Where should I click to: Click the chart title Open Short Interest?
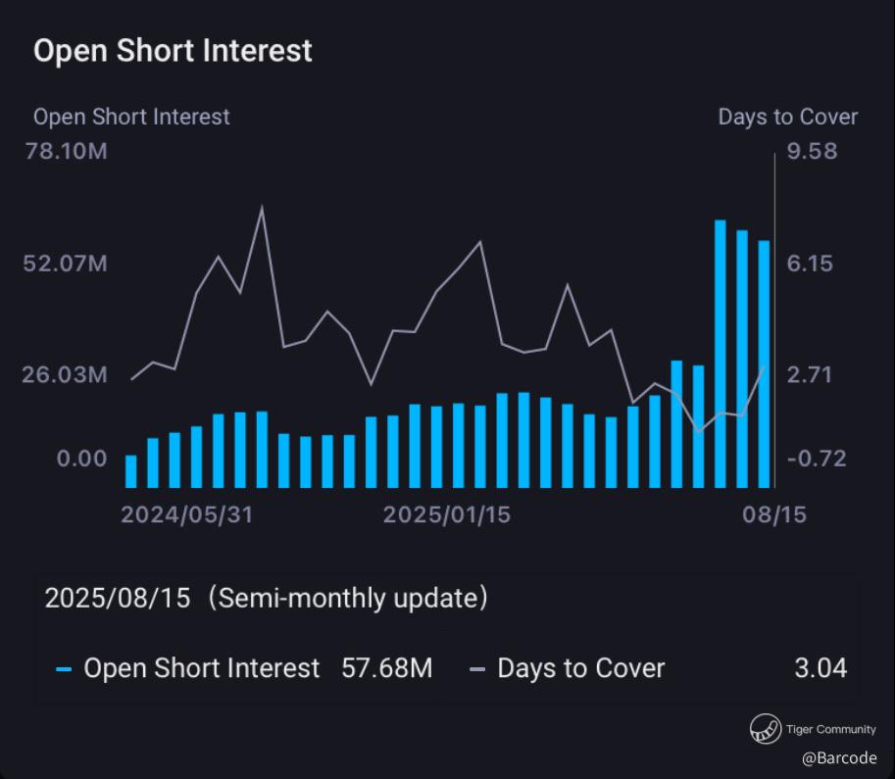[x=173, y=51]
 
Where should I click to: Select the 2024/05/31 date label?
[x=186, y=514]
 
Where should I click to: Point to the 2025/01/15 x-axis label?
[x=447, y=514]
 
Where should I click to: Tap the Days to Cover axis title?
[x=787, y=118]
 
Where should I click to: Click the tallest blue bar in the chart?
[x=721, y=353]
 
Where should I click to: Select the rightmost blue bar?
[x=764, y=363]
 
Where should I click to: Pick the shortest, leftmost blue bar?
[x=131, y=471]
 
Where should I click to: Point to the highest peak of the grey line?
[x=262, y=208]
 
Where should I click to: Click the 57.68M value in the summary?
[x=386, y=669]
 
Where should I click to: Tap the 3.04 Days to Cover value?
[x=820, y=669]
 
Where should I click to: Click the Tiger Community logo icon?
[x=766, y=729]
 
